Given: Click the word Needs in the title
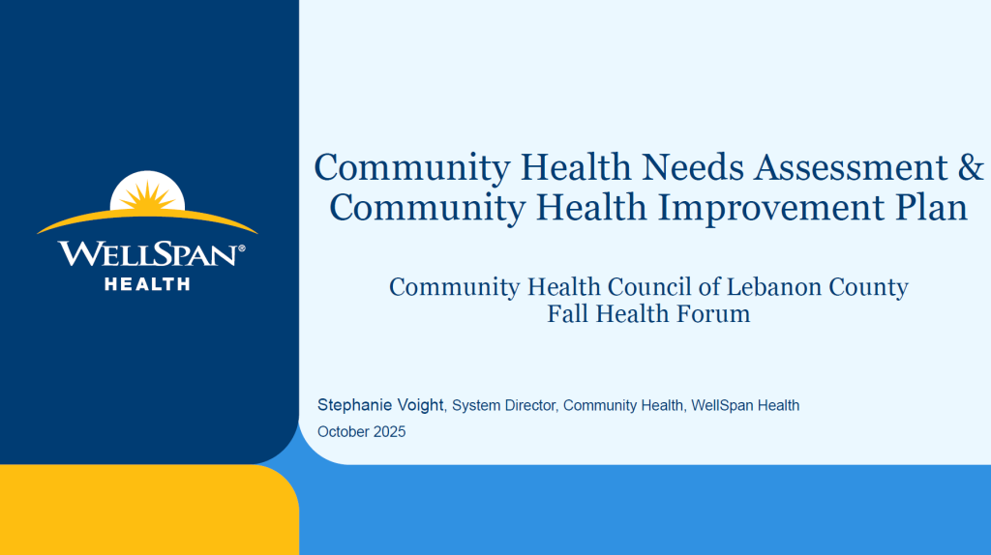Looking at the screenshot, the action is point(692,167).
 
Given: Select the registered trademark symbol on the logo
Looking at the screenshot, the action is point(241,249).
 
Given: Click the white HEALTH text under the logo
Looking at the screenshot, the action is point(147,284).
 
